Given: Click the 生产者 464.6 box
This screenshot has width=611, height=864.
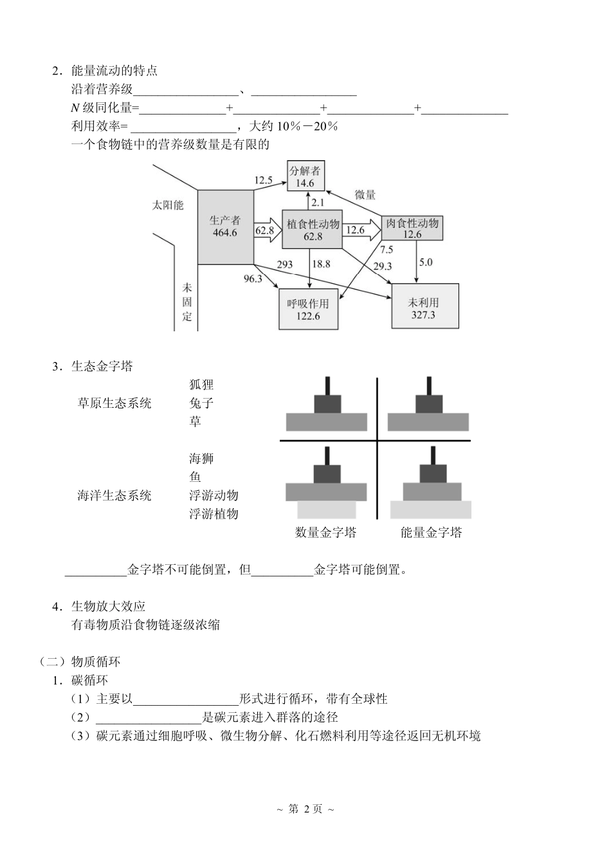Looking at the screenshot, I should point(224,226).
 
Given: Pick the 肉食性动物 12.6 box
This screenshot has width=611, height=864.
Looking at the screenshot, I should point(412,228).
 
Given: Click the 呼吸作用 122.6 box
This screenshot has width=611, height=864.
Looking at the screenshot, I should point(308,309).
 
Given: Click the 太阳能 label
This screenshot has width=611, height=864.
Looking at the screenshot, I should point(168,206).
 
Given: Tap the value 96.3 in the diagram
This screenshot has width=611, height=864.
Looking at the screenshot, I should point(253,279).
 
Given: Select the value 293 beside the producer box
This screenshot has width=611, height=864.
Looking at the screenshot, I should point(284,264).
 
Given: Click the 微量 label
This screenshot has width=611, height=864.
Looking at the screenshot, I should point(365,195).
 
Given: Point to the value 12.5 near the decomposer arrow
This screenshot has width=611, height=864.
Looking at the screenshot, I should point(263,180).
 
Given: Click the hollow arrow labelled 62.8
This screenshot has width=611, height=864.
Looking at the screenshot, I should point(264,230).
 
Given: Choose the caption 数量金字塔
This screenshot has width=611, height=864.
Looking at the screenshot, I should point(326,533).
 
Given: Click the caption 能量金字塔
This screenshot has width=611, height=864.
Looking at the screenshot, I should point(431,533).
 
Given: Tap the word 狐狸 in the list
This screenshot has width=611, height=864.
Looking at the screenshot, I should point(201,385).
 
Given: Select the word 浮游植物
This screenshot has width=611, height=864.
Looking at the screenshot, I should point(214,514).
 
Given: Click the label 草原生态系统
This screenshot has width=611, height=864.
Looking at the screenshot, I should point(114,403).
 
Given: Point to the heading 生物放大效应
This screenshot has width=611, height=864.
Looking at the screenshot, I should point(109,606).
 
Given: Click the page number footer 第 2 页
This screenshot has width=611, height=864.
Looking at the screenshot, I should point(305,809).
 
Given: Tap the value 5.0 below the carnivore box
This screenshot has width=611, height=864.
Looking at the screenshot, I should point(426,262).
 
